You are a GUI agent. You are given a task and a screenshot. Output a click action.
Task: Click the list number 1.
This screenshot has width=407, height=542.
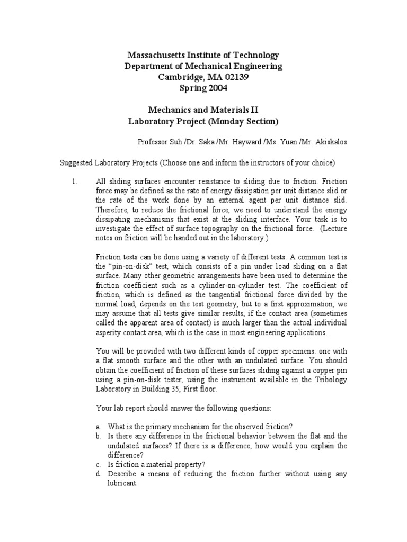click(x=74, y=181)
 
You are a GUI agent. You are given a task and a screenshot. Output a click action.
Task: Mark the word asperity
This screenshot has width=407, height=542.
click(x=107, y=333)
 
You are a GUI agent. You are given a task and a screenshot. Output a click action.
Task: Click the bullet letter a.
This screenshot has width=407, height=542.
click(x=98, y=427)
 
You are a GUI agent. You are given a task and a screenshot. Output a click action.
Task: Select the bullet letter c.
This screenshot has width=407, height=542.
click(x=98, y=464)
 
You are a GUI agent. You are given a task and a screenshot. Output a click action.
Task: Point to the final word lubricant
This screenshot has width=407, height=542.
click(x=122, y=483)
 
